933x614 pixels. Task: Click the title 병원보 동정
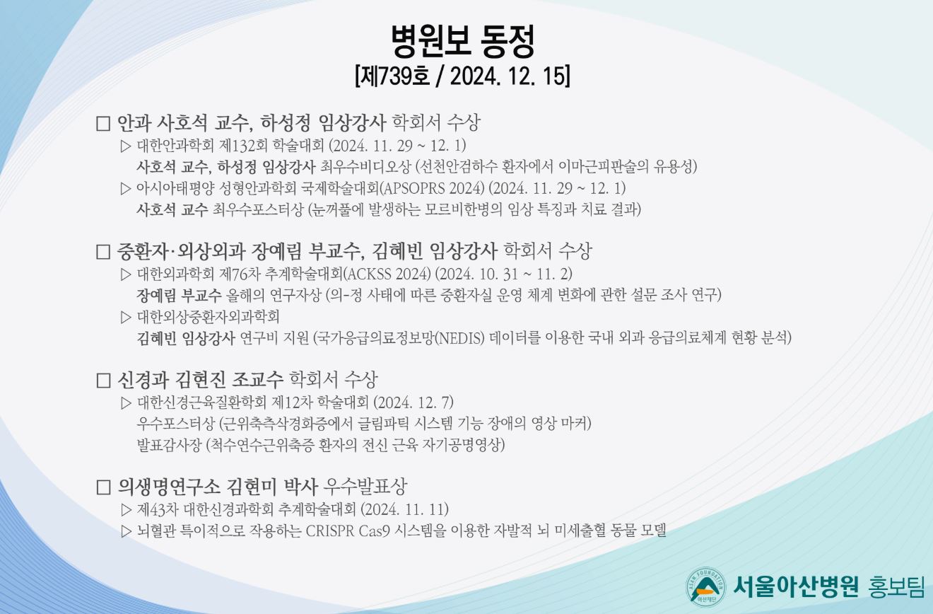coord(463,41)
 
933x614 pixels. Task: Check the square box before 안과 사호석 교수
coord(103,123)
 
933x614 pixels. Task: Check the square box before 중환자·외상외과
coord(103,252)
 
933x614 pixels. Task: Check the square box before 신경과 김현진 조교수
coord(103,380)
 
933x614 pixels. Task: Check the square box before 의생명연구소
coord(103,487)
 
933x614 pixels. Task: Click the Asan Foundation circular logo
coord(705,587)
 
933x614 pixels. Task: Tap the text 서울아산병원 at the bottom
coord(796,587)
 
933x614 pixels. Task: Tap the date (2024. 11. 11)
coord(404,509)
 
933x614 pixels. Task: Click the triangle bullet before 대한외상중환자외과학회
coord(126,317)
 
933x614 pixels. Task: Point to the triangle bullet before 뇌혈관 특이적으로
coord(126,531)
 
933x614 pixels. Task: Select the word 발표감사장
coord(169,445)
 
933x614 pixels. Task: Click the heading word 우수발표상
coord(365,487)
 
